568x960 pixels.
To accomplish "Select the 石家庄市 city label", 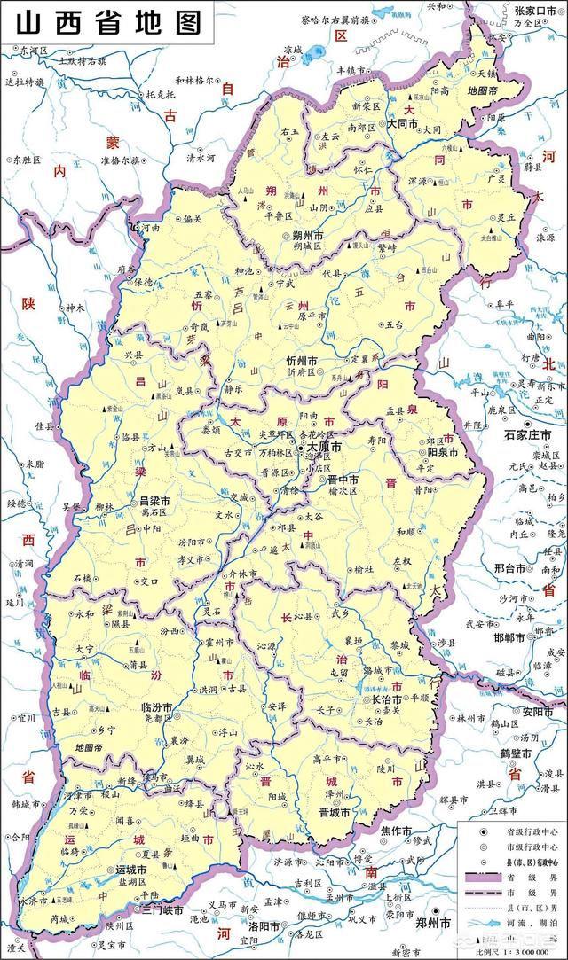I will click(528, 435).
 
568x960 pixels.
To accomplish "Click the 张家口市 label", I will click(533, 10).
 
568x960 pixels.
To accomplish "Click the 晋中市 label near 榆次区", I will click(340, 480).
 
